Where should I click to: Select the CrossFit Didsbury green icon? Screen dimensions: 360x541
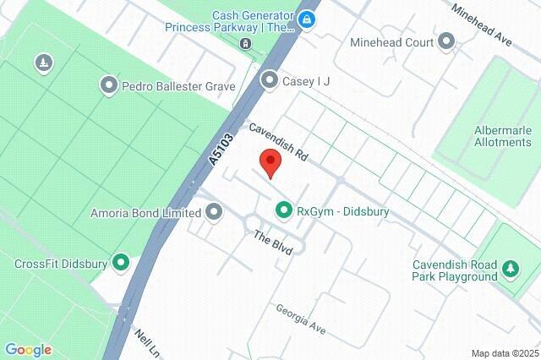tap(121, 264)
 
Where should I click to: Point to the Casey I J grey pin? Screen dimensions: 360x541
tap(270, 80)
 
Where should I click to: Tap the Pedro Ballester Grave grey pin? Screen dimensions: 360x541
tap(109, 85)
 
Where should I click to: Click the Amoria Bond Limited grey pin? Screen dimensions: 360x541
tap(214, 211)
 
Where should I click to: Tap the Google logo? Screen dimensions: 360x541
tap(28, 350)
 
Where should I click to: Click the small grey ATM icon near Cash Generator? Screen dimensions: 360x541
tap(244, 43)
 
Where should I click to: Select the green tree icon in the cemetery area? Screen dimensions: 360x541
tap(43, 63)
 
